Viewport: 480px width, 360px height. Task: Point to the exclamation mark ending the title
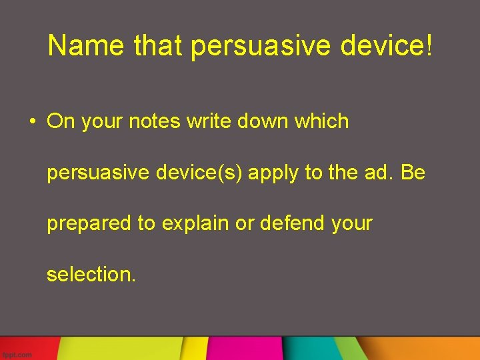point(428,46)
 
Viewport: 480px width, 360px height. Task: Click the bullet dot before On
point(31,122)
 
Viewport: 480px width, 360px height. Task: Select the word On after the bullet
point(61,121)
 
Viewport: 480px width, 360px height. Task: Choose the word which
point(322,121)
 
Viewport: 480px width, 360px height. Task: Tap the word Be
point(413,172)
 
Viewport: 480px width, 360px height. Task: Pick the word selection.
point(91,274)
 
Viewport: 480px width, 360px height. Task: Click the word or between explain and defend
point(243,223)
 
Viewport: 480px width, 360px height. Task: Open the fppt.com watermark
point(17,355)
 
